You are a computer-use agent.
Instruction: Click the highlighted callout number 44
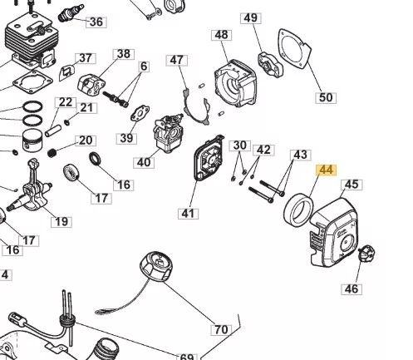click(x=327, y=170)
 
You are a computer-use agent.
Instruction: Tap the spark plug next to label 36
click(x=71, y=12)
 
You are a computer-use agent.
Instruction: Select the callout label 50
click(x=326, y=97)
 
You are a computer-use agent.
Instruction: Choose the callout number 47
click(x=177, y=60)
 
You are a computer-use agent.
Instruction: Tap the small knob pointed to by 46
click(x=366, y=253)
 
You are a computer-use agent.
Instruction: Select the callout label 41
click(x=188, y=214)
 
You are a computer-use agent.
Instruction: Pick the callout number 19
click(x=61, y=222)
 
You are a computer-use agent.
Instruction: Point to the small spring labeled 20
click(x=52, y=153)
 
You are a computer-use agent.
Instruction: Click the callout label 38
click(x=124, y=54)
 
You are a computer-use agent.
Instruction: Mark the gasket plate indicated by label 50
click(x=294, y=48)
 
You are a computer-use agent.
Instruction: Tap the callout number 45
click(x=352, y=185)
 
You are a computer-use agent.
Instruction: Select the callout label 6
click(x=144, y=67)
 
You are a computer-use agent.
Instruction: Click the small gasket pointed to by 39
click(x=140, y=114)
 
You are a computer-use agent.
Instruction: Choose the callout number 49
click(x=251, y=18)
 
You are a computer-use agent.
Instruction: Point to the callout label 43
click(x=301, y=155)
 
